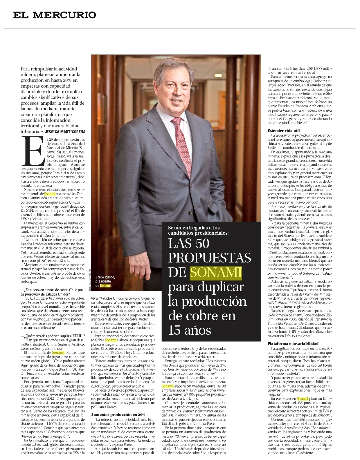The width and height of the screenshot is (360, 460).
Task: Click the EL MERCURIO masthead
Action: (55, 15)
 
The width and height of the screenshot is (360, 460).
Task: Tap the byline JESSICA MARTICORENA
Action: (65, 132)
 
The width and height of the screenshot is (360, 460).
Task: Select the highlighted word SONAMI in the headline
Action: (216, 272)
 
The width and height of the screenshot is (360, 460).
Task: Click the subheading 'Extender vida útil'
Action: (284, 131)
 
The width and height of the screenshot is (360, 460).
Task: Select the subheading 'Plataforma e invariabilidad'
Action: (293, 344)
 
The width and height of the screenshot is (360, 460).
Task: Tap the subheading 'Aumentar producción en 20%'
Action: (118, 415)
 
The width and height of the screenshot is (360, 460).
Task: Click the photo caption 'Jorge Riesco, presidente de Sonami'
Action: (105, 281)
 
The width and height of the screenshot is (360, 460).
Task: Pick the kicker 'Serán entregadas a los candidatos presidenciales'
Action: (198, 230)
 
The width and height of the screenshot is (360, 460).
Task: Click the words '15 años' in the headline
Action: (190, 330)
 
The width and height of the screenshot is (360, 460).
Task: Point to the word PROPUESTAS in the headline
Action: (210, 258)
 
